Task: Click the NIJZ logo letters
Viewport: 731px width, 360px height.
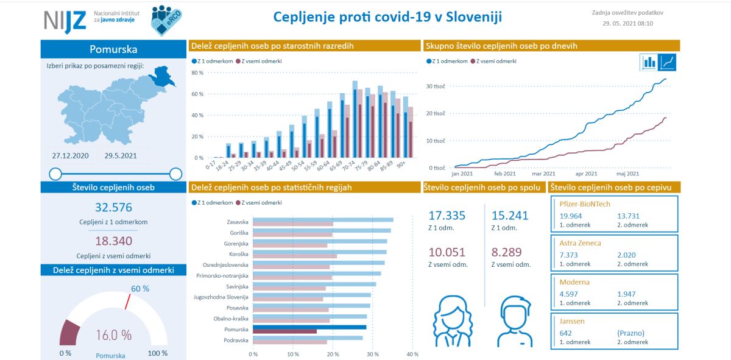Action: (64, 22)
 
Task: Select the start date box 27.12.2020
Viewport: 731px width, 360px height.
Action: (71, 156)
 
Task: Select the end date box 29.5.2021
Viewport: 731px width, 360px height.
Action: (120, 156)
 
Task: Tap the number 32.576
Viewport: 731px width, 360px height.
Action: (113, 207)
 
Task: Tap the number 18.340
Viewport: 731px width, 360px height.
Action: (113, 241)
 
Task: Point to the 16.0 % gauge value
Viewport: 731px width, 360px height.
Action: (113, 334)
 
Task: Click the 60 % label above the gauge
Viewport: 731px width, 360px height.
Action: (140, 288)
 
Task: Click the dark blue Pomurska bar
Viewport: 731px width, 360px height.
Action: (309, 327)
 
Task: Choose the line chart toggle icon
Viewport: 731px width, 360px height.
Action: (668, 62)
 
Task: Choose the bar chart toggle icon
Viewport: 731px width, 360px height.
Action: (649, 62)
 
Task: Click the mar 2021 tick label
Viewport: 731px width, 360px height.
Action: (544, 174)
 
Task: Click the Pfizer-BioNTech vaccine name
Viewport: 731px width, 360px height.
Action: (585, 204)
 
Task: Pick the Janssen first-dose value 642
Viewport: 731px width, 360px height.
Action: (567, 333)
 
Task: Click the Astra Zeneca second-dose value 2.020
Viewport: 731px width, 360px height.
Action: (627, 254)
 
